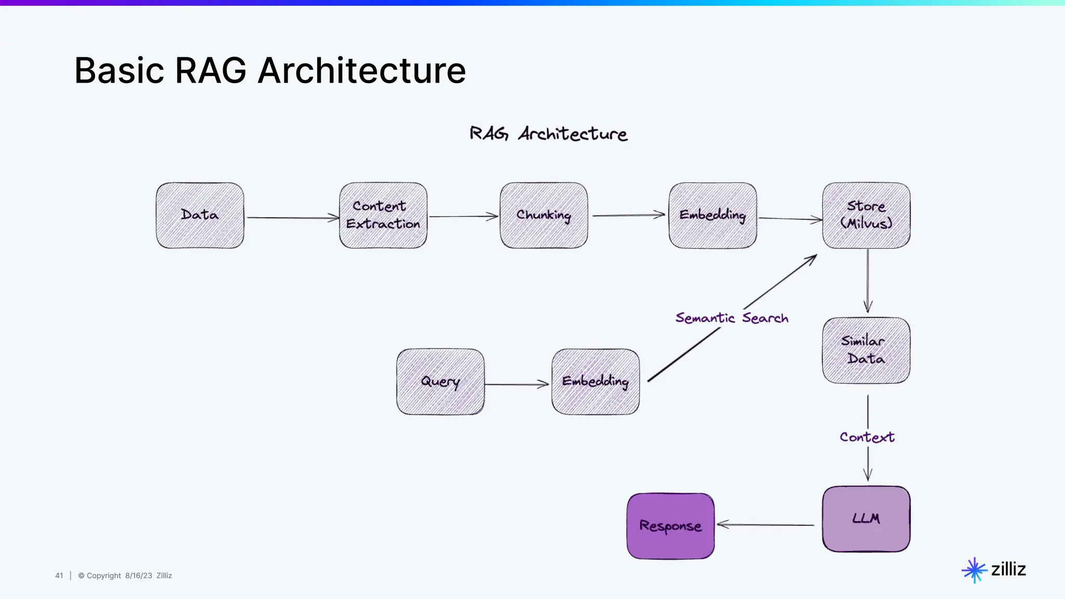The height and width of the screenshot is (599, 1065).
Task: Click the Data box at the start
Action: click(x=200, y=215)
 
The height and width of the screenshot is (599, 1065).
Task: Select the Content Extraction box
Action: click(x=383, y=215)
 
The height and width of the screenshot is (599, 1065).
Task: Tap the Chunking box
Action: click(x=544, y=215)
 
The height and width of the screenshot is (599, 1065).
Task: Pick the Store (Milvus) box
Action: click(x=866, y=215)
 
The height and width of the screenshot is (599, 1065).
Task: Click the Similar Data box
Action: click(x=866, y=350)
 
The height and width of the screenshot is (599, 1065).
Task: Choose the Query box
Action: click(x=440, y=382)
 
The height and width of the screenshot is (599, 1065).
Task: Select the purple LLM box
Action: click(x=866, y=519)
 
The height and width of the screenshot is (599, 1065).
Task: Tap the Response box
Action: click(x=671, y=526)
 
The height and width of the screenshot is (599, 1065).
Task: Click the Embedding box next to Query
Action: click(x=596, y=382)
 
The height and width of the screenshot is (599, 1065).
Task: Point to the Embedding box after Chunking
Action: click(x=713, y=215)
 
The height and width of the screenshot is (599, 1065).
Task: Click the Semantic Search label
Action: click(x=732, y=318)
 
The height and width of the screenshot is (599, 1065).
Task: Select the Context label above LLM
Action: click(x=867, y=437)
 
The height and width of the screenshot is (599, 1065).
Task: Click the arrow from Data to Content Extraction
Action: click(x=292, y=218)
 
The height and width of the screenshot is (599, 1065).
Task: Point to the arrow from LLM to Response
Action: click(x=765, y=525)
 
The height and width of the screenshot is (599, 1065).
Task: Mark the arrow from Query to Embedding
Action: click(x=517, y=385)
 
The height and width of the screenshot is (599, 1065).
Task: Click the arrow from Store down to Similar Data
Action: click(x=867, y=281)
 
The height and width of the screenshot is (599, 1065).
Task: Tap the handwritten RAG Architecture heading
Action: click(x=549, y=134)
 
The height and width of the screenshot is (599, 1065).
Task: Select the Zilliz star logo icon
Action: click(x=974, y=570)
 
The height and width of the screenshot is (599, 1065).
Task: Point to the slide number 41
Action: click(x=59, y=576)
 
